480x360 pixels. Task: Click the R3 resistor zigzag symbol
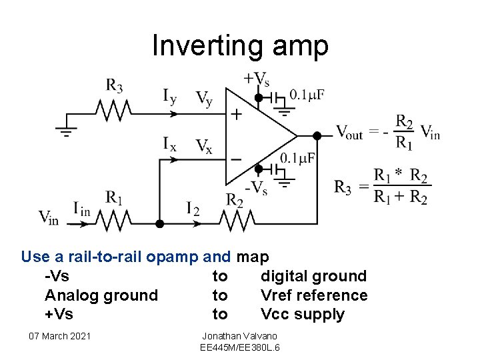(113, 111)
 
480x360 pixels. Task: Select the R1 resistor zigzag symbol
(113, 221)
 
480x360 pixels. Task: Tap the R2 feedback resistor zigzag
(237, 221)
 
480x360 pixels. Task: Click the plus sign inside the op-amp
(236, 115)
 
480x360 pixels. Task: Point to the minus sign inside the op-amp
(236, 159)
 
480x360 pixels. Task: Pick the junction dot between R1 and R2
(159, 224)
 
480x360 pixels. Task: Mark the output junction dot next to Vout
(317, 135)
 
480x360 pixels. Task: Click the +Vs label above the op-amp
(257, 79)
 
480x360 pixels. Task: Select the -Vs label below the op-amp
(257, 188)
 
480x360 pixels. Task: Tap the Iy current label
(170, 96)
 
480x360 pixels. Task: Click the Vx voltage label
(204, 146)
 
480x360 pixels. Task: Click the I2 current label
(193, 209)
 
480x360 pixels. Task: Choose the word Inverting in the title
(207, 46)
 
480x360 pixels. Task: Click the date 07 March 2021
(60, 336)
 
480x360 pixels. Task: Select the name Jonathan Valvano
(240, 336)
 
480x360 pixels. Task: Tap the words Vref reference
(314, 295)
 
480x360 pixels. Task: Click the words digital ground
(313, 277)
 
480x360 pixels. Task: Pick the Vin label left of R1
(49, 217)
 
